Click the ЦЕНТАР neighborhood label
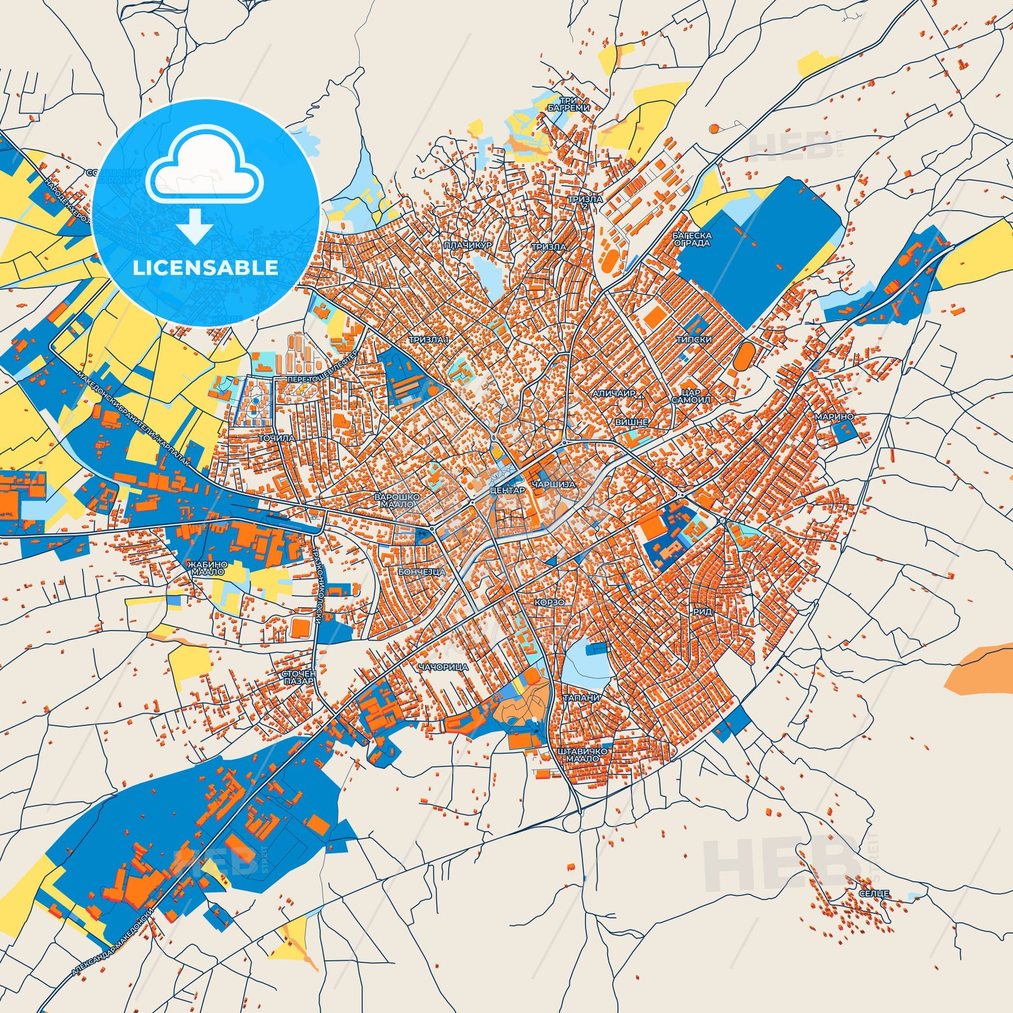point(506,490)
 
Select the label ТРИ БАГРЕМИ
point(575,103)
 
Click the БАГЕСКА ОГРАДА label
point(692,239)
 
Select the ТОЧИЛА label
point(274,436)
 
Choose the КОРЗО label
point(550,603)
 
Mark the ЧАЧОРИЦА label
point(443,667)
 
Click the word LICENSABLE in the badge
point(206,268)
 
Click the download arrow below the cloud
point(195,226)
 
